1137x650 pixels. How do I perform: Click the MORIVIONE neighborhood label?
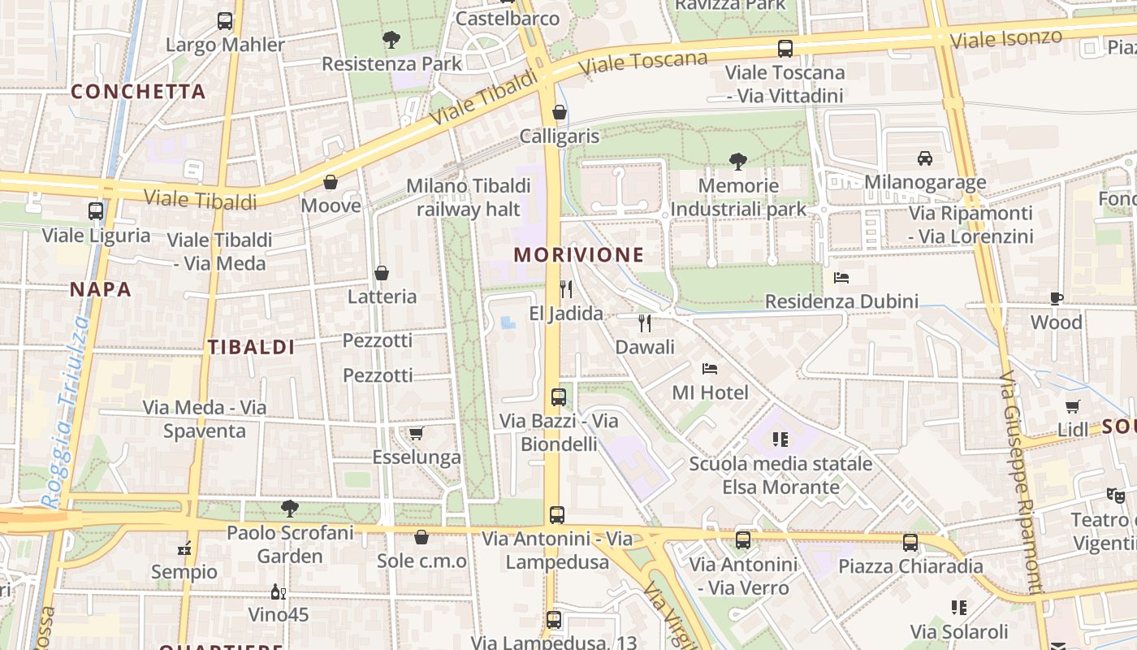click(x=578, y=255)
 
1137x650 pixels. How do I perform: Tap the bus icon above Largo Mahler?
click(x=225, y=21)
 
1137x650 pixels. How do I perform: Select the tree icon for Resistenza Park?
click(x=391, y=39)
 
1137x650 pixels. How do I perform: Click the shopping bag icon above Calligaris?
click(x=559, y=112)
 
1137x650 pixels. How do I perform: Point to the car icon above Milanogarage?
click(x=924, y=158)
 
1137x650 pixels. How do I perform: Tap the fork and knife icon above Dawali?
click(x=645, y=323)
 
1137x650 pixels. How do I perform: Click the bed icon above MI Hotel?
click(x=710, y=369)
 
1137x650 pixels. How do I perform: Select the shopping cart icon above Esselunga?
click(x=417, y=433)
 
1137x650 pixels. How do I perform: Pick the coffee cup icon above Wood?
click(x=1056, y=298)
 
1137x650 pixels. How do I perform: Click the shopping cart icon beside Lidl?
click(x=1073, y=406)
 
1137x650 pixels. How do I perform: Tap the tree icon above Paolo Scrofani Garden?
click(x=290, y=509)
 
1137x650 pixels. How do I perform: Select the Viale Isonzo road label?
click(x=1005, y=38)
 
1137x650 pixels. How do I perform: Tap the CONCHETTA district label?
click(x=138, y=92)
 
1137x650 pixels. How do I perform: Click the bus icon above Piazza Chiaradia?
click(x=910, y=542)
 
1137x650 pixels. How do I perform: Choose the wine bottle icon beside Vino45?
click(x=279, y=591)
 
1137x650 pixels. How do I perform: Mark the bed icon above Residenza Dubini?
click(x=841, y=278)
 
